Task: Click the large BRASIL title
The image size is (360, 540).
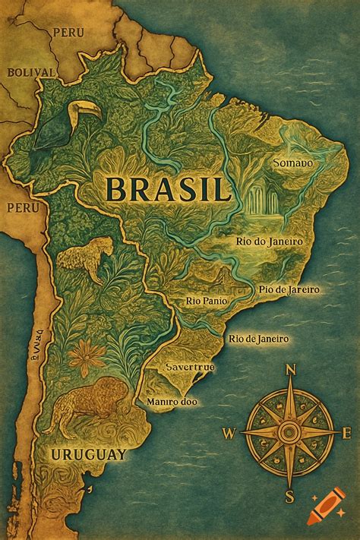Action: coord(168,188)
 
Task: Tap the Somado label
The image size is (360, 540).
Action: coord(292,163)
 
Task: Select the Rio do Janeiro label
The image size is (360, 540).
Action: coord(270,242)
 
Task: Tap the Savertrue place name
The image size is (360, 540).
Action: coord(189,367)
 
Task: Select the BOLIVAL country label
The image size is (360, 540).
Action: coord(31,72)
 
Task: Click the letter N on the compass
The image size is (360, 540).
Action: coord(289,371)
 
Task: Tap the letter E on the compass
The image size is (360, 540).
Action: coord(346,433)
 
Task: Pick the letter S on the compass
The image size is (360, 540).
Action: coord(289,497)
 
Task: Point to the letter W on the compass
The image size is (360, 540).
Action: coord(229,434)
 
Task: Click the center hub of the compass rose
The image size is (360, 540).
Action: coord(289,433)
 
